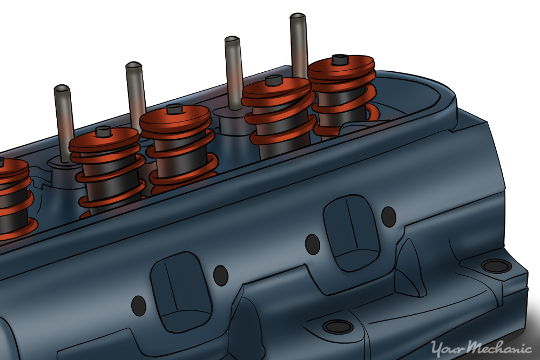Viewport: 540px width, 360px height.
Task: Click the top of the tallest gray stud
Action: click(x=298, y=18)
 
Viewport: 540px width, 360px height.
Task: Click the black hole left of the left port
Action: click(x=139, y=305)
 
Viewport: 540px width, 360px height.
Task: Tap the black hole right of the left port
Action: click(x=220, y=276)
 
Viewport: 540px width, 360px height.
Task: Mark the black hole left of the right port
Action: click(x=313, y=244)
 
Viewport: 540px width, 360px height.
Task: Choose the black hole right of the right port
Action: click(x=388, y=217)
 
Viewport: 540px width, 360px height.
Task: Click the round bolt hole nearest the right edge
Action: click(x=496, y=266)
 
